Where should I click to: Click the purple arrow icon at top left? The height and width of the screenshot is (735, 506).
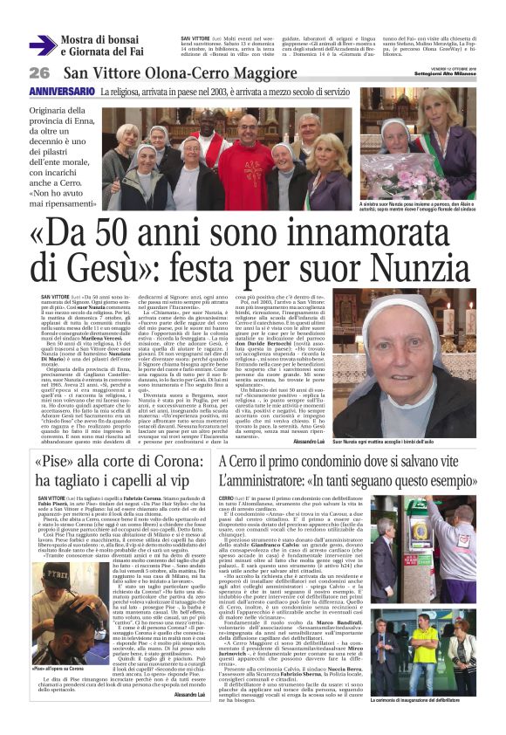[42, 45]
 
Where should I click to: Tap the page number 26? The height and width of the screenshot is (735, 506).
[39, 72]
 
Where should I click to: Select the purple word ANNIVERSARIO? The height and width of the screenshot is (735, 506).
[62, 92]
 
